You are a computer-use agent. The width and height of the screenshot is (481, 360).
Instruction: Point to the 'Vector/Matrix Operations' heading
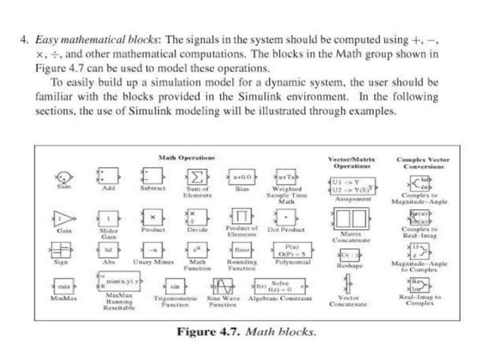point(351,162)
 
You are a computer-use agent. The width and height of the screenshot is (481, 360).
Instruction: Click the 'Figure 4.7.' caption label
point(206,331)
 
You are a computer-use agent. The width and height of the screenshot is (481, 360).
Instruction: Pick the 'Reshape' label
point(347,266)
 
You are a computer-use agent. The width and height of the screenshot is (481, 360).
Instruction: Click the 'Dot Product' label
point(286,228)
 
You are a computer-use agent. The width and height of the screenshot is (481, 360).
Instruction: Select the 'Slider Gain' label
point(109,232)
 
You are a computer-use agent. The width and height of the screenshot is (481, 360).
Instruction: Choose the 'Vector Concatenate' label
point(348,301)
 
